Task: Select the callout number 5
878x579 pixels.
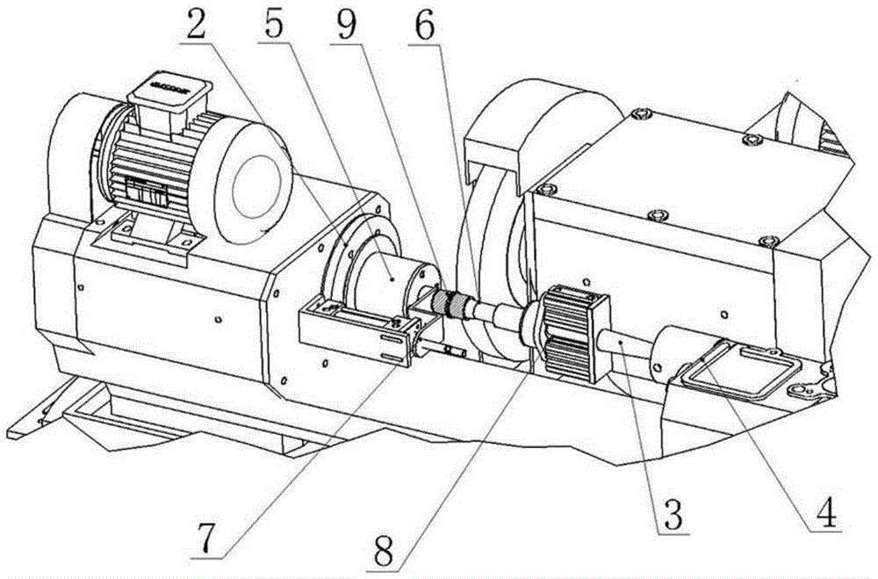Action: [x=273, y=23]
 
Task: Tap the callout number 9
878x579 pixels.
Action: [x=344, y=23]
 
